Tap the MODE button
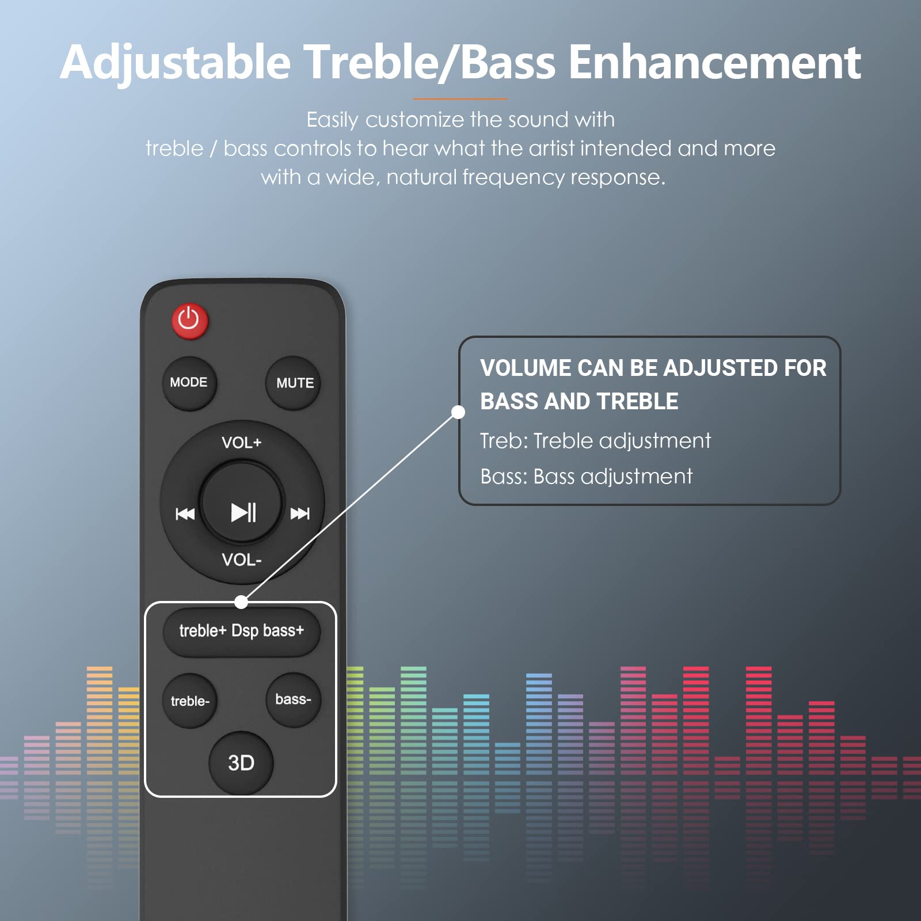(189, 383)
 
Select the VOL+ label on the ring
(242, 443)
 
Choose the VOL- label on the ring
(242, 560)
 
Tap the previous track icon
(185, 513)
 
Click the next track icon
(299, 513)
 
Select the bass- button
(293, 700)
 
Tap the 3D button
(241, 763)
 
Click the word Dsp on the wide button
(245, 631)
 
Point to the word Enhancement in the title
(714, 62)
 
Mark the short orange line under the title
(460, 99)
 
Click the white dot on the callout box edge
(458, 412)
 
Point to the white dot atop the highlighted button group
(241, 602)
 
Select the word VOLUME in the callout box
(524, 368)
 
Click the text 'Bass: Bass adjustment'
(586, 477)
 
